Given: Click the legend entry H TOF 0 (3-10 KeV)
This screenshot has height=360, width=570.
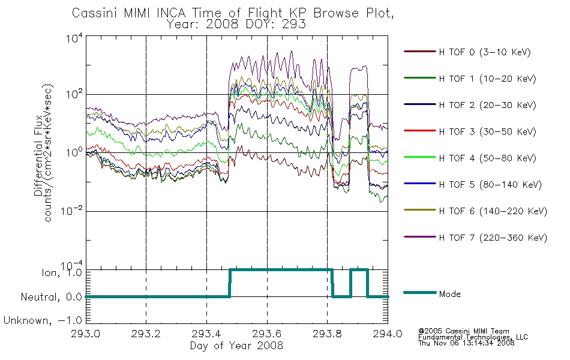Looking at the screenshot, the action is point(485,52).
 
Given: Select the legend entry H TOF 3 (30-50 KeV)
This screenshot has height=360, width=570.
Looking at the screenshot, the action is point(487,131).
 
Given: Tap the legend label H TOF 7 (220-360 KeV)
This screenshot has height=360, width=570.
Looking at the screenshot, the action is point(493,238).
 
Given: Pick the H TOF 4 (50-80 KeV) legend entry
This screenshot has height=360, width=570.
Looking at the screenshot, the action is point(487,158).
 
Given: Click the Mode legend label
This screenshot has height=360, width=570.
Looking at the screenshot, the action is point(449,294).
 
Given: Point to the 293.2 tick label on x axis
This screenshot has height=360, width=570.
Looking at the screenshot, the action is point(146,334).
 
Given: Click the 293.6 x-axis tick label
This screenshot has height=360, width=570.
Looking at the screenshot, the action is point(267,334).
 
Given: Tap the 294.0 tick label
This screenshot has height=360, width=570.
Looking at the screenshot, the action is point(388,334).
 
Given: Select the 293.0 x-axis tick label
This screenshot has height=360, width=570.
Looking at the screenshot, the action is point(85,334).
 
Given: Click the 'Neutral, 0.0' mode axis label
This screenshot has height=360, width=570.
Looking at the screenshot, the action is point(51,297).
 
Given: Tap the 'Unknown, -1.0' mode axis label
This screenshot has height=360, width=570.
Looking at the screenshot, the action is point(43,320).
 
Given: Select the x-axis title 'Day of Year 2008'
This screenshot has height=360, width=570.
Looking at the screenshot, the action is point(236,346).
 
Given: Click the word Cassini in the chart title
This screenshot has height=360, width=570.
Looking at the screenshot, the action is point(95,13).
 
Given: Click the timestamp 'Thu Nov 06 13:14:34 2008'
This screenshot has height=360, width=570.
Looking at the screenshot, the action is point(466,343).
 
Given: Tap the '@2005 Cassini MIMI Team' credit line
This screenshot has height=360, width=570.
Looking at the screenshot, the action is point(463,331).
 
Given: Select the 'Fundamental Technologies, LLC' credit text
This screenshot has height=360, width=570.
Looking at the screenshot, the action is point(473,337).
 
